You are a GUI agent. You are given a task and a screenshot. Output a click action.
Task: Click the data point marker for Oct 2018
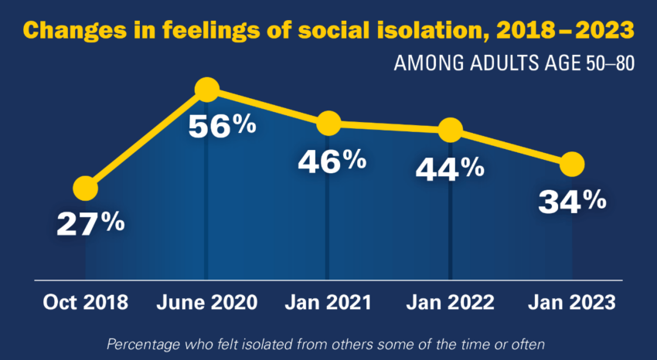[x=85, y=188]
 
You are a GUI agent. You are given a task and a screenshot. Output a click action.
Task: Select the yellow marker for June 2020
[x=206, y=90]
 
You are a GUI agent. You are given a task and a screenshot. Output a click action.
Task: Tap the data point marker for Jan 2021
[x=328, y=123]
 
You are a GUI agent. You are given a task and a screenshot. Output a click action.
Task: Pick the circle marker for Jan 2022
[x=450, y=130]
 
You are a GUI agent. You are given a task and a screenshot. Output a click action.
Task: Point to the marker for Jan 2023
[x=572, y=164]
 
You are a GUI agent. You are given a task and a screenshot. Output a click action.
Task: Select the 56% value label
[x=222, y=125]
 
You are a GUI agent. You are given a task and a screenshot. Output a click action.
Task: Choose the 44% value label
[x=450, y=167]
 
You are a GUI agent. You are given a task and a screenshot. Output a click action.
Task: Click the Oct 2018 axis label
[x=85, y=302]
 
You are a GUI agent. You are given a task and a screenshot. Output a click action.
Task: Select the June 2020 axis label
[x=206, y=302]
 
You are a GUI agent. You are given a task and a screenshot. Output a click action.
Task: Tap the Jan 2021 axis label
[x=328, y=302]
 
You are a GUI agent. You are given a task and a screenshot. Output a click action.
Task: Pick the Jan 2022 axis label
[x=450, y=302]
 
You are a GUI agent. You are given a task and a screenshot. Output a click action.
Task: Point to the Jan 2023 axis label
[x=572, y=302]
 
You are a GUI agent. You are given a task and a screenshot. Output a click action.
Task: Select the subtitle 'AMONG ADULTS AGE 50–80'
[x=514, y=63]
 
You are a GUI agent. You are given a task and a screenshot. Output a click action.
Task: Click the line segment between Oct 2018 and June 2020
[x=145, y=139]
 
